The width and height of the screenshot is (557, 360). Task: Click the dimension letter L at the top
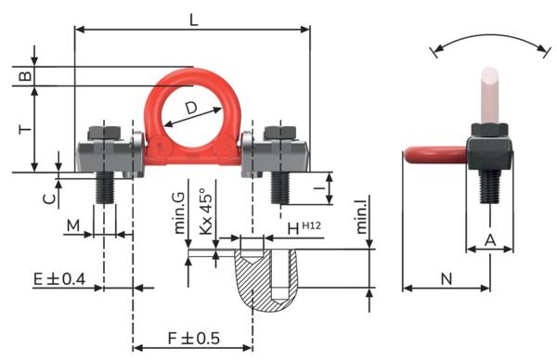[x=193, y=20]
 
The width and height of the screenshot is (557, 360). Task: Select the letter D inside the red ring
[x=191, y=108]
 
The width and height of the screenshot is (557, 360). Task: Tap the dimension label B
[x=25, y=76]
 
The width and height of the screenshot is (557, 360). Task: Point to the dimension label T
[x=25, y=129]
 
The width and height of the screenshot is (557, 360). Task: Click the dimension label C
[x=49, y=199]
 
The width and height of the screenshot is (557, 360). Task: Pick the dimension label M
[x=73, y=225]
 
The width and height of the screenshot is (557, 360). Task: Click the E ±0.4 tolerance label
[x=59, y=279]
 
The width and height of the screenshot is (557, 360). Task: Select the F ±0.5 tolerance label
[x=194, y=338]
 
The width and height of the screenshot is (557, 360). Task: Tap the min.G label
[x=179, y=213]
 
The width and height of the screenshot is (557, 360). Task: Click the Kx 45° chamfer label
[x=206, y=211]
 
